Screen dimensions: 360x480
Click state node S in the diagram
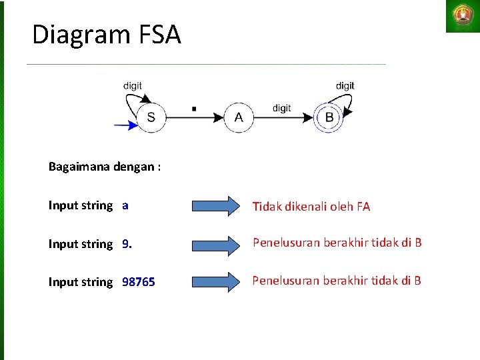click(151, 118)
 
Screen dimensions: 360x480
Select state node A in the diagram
click(239, 118)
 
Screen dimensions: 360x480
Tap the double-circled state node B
click(329, 118)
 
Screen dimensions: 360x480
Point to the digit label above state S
click(133, 86)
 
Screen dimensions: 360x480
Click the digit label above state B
click(345, 86)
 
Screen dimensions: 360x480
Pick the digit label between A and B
click(281, 108)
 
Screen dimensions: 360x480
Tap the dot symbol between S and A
click(193, 107)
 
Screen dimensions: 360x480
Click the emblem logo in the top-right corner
click(462, 16)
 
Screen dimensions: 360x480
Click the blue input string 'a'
click(125, 205)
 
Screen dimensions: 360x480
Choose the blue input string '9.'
click(127, 244)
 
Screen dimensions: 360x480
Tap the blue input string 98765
click(139, 282)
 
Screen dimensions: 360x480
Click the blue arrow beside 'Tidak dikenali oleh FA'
click(215, 206)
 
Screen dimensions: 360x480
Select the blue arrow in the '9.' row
click(215, 245)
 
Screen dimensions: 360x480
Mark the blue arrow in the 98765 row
click(215, 282)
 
